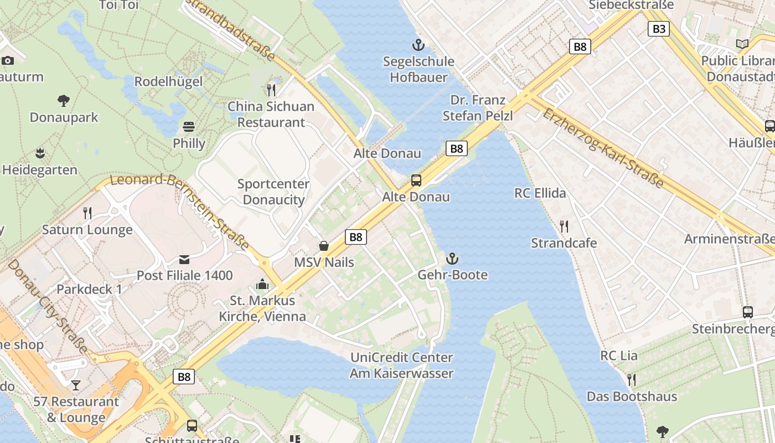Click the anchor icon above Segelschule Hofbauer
418,44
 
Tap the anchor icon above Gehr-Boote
452,259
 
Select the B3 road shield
658,29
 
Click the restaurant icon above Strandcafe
564,226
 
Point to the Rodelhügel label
168,82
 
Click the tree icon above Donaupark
64,101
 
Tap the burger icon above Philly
189,127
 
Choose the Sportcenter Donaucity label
273,192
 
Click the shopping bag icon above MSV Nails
324,245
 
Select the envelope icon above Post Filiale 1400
184,259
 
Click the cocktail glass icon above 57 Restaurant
76,385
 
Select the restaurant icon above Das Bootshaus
631,379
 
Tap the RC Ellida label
540,193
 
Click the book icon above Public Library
742,44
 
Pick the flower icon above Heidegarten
39,153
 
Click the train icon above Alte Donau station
416,180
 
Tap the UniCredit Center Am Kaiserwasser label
401,365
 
